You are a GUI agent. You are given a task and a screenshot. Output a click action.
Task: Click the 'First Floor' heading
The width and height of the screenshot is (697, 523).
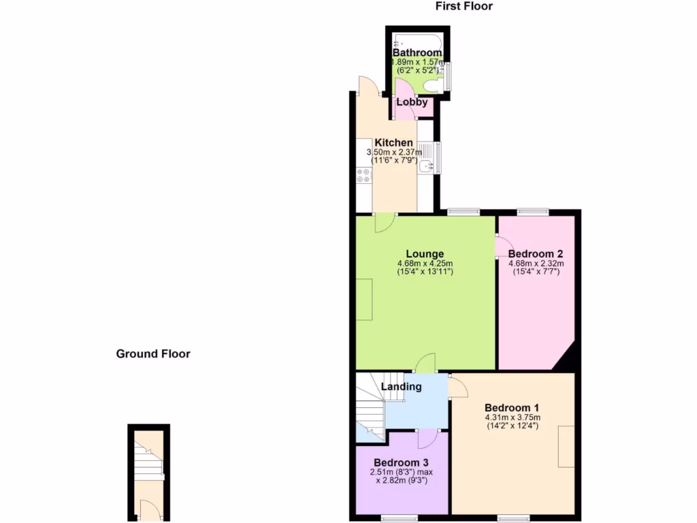pyautogui.click(x=464, y=6)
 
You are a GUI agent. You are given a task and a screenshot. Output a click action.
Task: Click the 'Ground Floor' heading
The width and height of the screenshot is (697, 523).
pyautogui.click(x=153, y=353)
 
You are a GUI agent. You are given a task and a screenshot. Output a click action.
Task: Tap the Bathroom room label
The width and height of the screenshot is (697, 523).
pyautogui.click(x=417, y=52)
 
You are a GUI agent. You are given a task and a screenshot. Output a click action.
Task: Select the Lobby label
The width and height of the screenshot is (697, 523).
pyautogui.click(x=412, y=102)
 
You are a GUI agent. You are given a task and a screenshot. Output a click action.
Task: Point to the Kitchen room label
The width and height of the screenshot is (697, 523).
pyautogui.click(x=393, y=142)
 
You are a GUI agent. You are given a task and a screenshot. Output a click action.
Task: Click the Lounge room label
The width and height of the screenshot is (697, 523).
pyautogui.click(x=425, y=254)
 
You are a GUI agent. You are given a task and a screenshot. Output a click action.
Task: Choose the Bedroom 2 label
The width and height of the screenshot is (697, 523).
pyautogui.click(x=536, y=254)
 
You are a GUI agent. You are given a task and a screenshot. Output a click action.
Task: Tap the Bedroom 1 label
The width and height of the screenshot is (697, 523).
pyautogui.click(x=513, y=408)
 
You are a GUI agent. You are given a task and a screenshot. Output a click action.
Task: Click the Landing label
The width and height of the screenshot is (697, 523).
pyautogui.click(x=401, y=387)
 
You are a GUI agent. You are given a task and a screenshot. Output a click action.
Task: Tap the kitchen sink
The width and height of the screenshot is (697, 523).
pyautogui.click(x=426, y=165)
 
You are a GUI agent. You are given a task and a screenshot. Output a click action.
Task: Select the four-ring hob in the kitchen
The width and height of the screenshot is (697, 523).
pyautogui.click(x=363, y=176)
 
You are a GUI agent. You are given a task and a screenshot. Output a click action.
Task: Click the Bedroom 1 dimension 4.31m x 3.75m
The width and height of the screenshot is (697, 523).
pyautogui.click(x=513, y=417)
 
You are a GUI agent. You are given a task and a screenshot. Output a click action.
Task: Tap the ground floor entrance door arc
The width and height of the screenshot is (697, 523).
pyautogui.click(x=145, y=508)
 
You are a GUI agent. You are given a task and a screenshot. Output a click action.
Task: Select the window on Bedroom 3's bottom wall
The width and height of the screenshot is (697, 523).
pyautogui.click(x=399, y=518)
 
